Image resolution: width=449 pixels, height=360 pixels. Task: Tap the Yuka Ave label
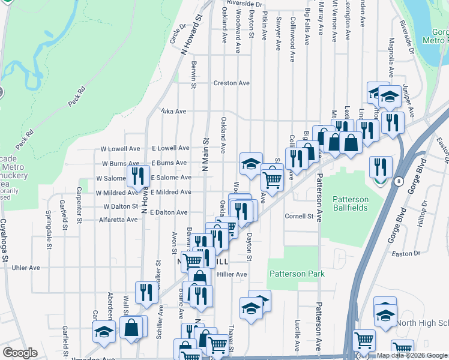tap(173, 111)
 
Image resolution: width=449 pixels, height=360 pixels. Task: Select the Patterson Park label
tap(297, 274)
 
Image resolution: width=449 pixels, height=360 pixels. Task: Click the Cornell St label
tap(299, 216)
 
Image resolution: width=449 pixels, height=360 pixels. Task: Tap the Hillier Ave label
tap(232, 274)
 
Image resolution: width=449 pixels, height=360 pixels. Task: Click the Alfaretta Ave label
tap(119, 220)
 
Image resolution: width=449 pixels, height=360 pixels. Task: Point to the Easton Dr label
tap(405, 254)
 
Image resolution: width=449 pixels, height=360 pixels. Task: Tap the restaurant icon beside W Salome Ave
tap(138, 176)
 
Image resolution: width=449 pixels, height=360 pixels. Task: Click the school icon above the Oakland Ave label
tap(251, 163)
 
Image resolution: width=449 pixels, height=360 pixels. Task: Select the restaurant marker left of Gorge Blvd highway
tap(381, 166)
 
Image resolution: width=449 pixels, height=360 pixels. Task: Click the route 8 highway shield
tap(397, 181)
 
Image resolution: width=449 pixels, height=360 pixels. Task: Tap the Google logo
tap(20, 353)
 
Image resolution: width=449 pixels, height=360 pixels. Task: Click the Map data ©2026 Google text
tap(412, 355)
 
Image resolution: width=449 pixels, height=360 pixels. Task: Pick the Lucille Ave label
tap(298, 334)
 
